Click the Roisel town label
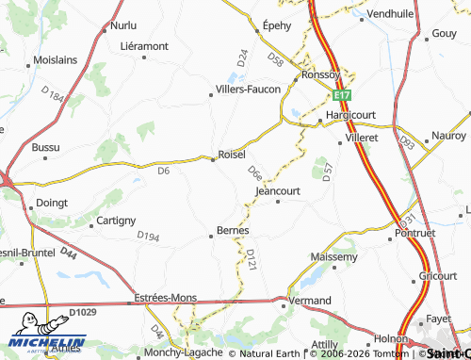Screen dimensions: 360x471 [232, 154]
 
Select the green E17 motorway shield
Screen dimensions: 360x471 [341, 96]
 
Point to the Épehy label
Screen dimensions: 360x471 [277, 26]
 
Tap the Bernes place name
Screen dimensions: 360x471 [233, 229]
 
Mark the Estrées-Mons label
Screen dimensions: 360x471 [166, 297]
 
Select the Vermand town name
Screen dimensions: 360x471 [310, 299]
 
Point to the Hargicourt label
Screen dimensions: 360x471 [349, 115]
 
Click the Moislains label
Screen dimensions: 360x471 [55, 59]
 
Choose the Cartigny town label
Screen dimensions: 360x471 [117, 221]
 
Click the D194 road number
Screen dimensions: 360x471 [148, 236]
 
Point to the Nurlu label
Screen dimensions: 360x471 [123, 25]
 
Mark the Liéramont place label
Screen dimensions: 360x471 [144, 45]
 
